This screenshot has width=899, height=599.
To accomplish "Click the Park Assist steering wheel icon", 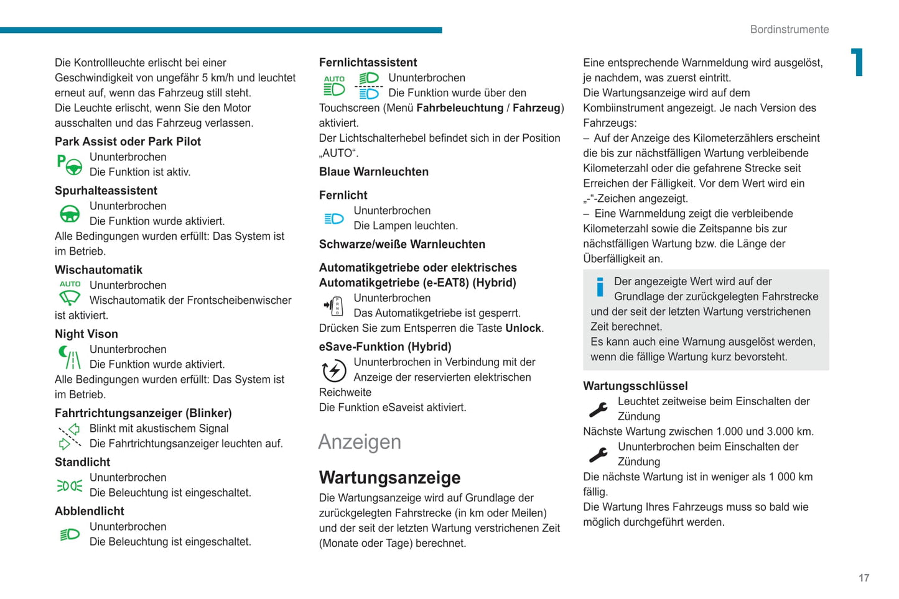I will (70, 165).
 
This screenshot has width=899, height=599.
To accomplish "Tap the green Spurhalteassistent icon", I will (70, 214).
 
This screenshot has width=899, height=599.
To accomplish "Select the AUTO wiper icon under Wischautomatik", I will (70, 293).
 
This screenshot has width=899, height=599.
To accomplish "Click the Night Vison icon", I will (70, 357).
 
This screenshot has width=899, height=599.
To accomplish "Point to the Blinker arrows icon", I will (70, 436).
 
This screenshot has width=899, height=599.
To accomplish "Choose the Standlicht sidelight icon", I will (70, 485).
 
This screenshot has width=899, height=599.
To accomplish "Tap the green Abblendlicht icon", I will (70, 534).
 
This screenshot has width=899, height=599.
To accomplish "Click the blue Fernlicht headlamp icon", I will (334, 219).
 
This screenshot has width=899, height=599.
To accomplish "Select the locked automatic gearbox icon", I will (334, 306).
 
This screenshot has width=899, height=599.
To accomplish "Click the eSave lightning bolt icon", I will (334, 370).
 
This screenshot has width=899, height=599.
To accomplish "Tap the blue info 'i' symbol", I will (600, 287).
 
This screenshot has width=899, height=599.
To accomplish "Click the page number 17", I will (864, 578).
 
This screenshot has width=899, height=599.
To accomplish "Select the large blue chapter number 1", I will (858, 62).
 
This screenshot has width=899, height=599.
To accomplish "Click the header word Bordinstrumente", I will (789, 29).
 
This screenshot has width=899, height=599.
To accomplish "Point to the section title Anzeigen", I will (360, 442).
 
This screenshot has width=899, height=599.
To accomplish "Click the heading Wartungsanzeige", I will (389, 477).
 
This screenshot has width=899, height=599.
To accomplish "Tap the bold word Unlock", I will (523, 328).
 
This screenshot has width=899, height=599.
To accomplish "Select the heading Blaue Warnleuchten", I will (373, 171).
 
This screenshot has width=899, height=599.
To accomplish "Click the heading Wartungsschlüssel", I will (635, 386).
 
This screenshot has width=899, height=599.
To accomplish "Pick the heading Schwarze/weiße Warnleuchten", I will (402, 244).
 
